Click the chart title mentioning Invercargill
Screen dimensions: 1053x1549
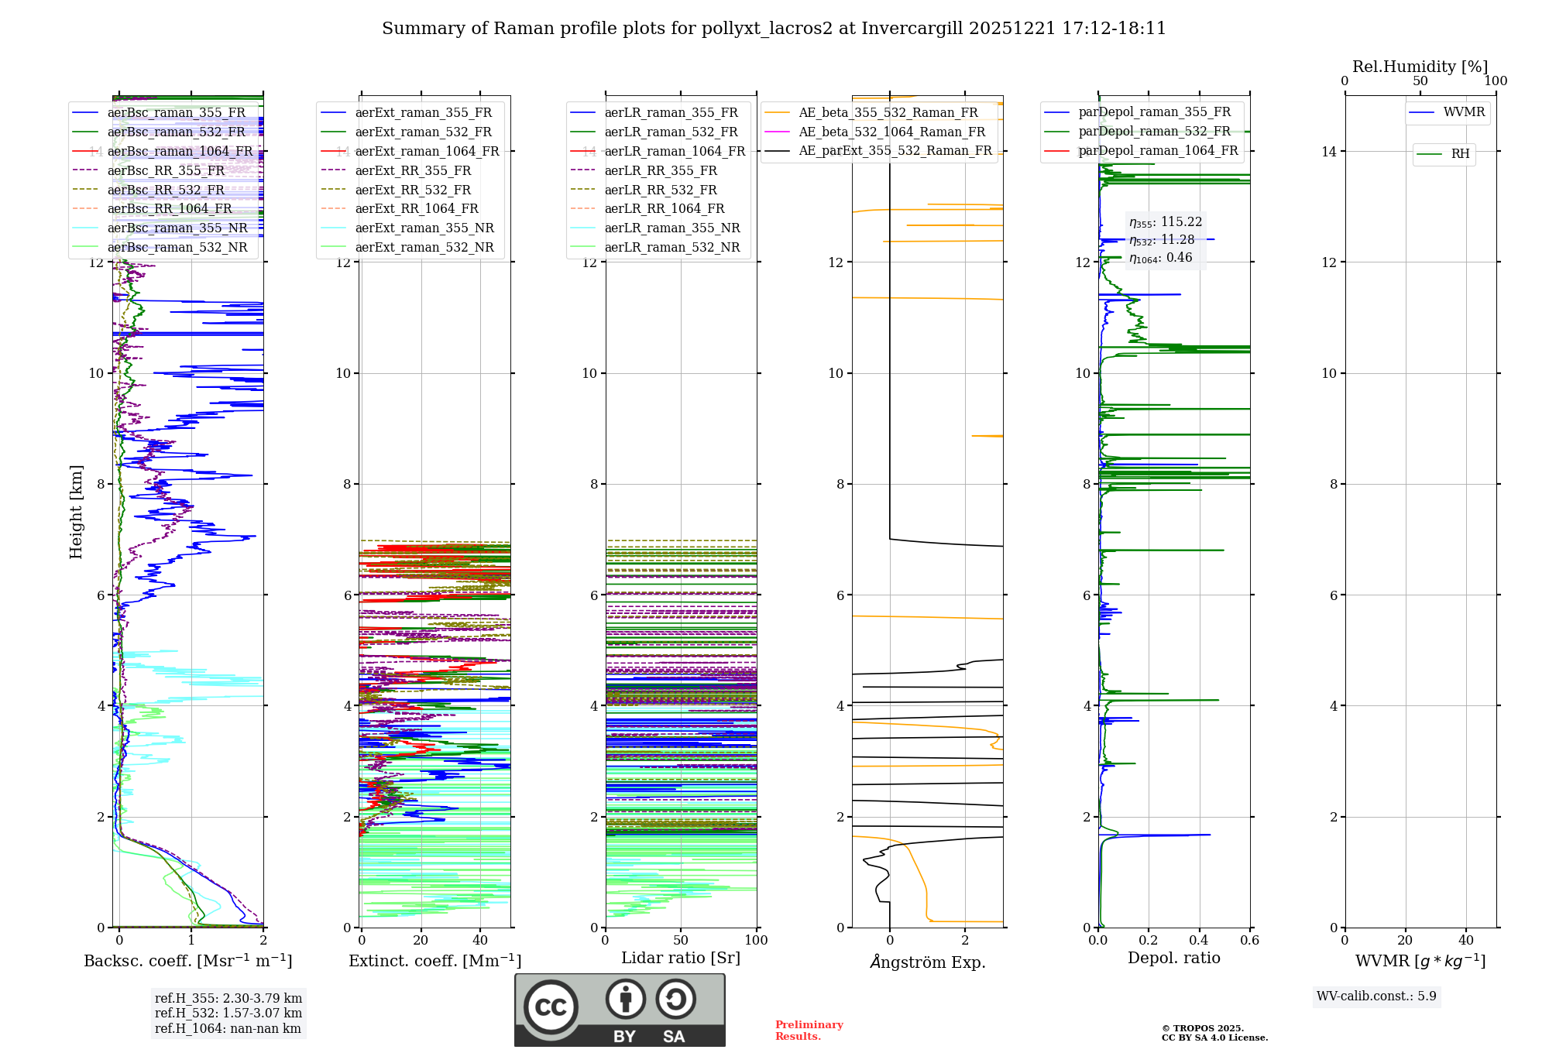click(774, 29)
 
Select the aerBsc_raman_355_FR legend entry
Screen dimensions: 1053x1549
click(176, 113)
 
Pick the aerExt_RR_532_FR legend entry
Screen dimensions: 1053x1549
click(412, 190)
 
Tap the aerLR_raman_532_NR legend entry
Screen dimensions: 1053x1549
click(671, 248)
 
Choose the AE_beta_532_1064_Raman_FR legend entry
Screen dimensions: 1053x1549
click(891, 132)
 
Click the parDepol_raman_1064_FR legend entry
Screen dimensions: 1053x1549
click(1158, 151)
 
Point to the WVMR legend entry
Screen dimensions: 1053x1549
click(1464, 112)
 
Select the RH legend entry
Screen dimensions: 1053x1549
click(1460, 154)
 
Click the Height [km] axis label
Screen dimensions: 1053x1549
click(76, 512)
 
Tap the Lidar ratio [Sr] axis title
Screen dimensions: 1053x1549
click(680, 959)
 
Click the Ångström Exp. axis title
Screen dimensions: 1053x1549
click(927, 962)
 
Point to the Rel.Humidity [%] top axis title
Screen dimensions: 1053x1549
click(1420, 67)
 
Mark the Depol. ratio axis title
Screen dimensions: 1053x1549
click(1173, 959)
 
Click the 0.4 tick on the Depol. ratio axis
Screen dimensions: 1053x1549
click(1199, 941)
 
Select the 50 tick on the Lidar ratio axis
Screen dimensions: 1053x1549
click(680, 941)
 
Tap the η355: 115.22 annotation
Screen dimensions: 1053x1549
click(1166, 223)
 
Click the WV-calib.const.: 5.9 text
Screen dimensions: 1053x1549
click(1376, 996)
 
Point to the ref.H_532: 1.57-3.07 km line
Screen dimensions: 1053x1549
click(228, 1014)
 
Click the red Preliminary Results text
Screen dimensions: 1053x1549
click(809, 1031)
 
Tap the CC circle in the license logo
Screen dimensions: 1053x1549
click(551, 1007)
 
